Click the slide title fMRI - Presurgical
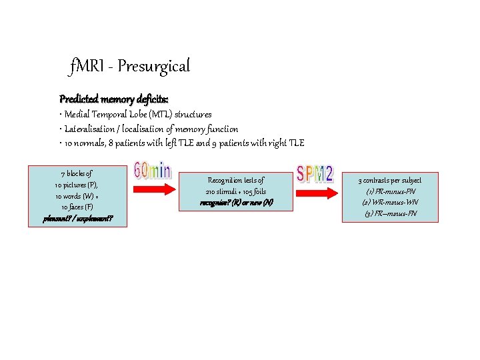coord(130,66)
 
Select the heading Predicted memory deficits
coord(113,99)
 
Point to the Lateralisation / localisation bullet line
coord(149,129)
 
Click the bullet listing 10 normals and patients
coord(181,143)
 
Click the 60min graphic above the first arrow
coord(153,171)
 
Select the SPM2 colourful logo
coord(315,174)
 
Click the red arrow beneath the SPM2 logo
coord(315,189)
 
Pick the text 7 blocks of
coord(77,173)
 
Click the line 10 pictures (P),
coord(77,185)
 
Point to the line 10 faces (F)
coord(77,207)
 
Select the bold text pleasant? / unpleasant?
coord(77,218)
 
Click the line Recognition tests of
coord(236,180)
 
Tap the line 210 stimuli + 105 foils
coord(236,191)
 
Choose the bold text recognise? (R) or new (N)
coord(236,202)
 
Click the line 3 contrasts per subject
coord(390,180)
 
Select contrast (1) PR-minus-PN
coord(390,191)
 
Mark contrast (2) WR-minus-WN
coord(390,202)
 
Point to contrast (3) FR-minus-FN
coord(390,213)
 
